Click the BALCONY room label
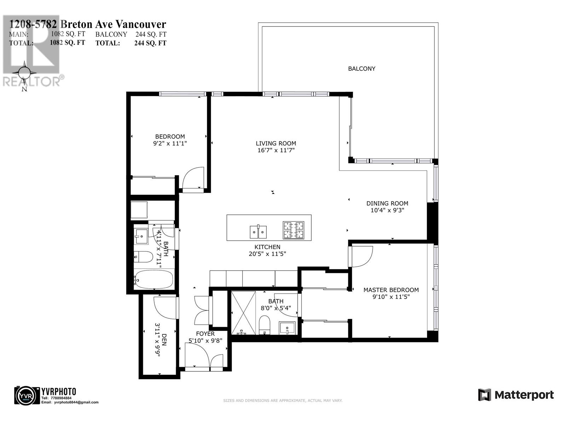tap(362, 69)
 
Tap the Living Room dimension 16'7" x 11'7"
tap(276, 150)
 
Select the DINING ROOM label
tap(387, 203)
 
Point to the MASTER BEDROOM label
tap(391, 290)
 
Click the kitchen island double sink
tap(259, 232)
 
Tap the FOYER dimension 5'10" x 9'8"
tap(205, 341)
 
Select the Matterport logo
tap(516, 395)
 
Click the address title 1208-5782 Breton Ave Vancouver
tap(87, 24)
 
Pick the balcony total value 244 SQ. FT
tap(150, 43)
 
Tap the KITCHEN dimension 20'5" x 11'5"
tap(267, 254)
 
